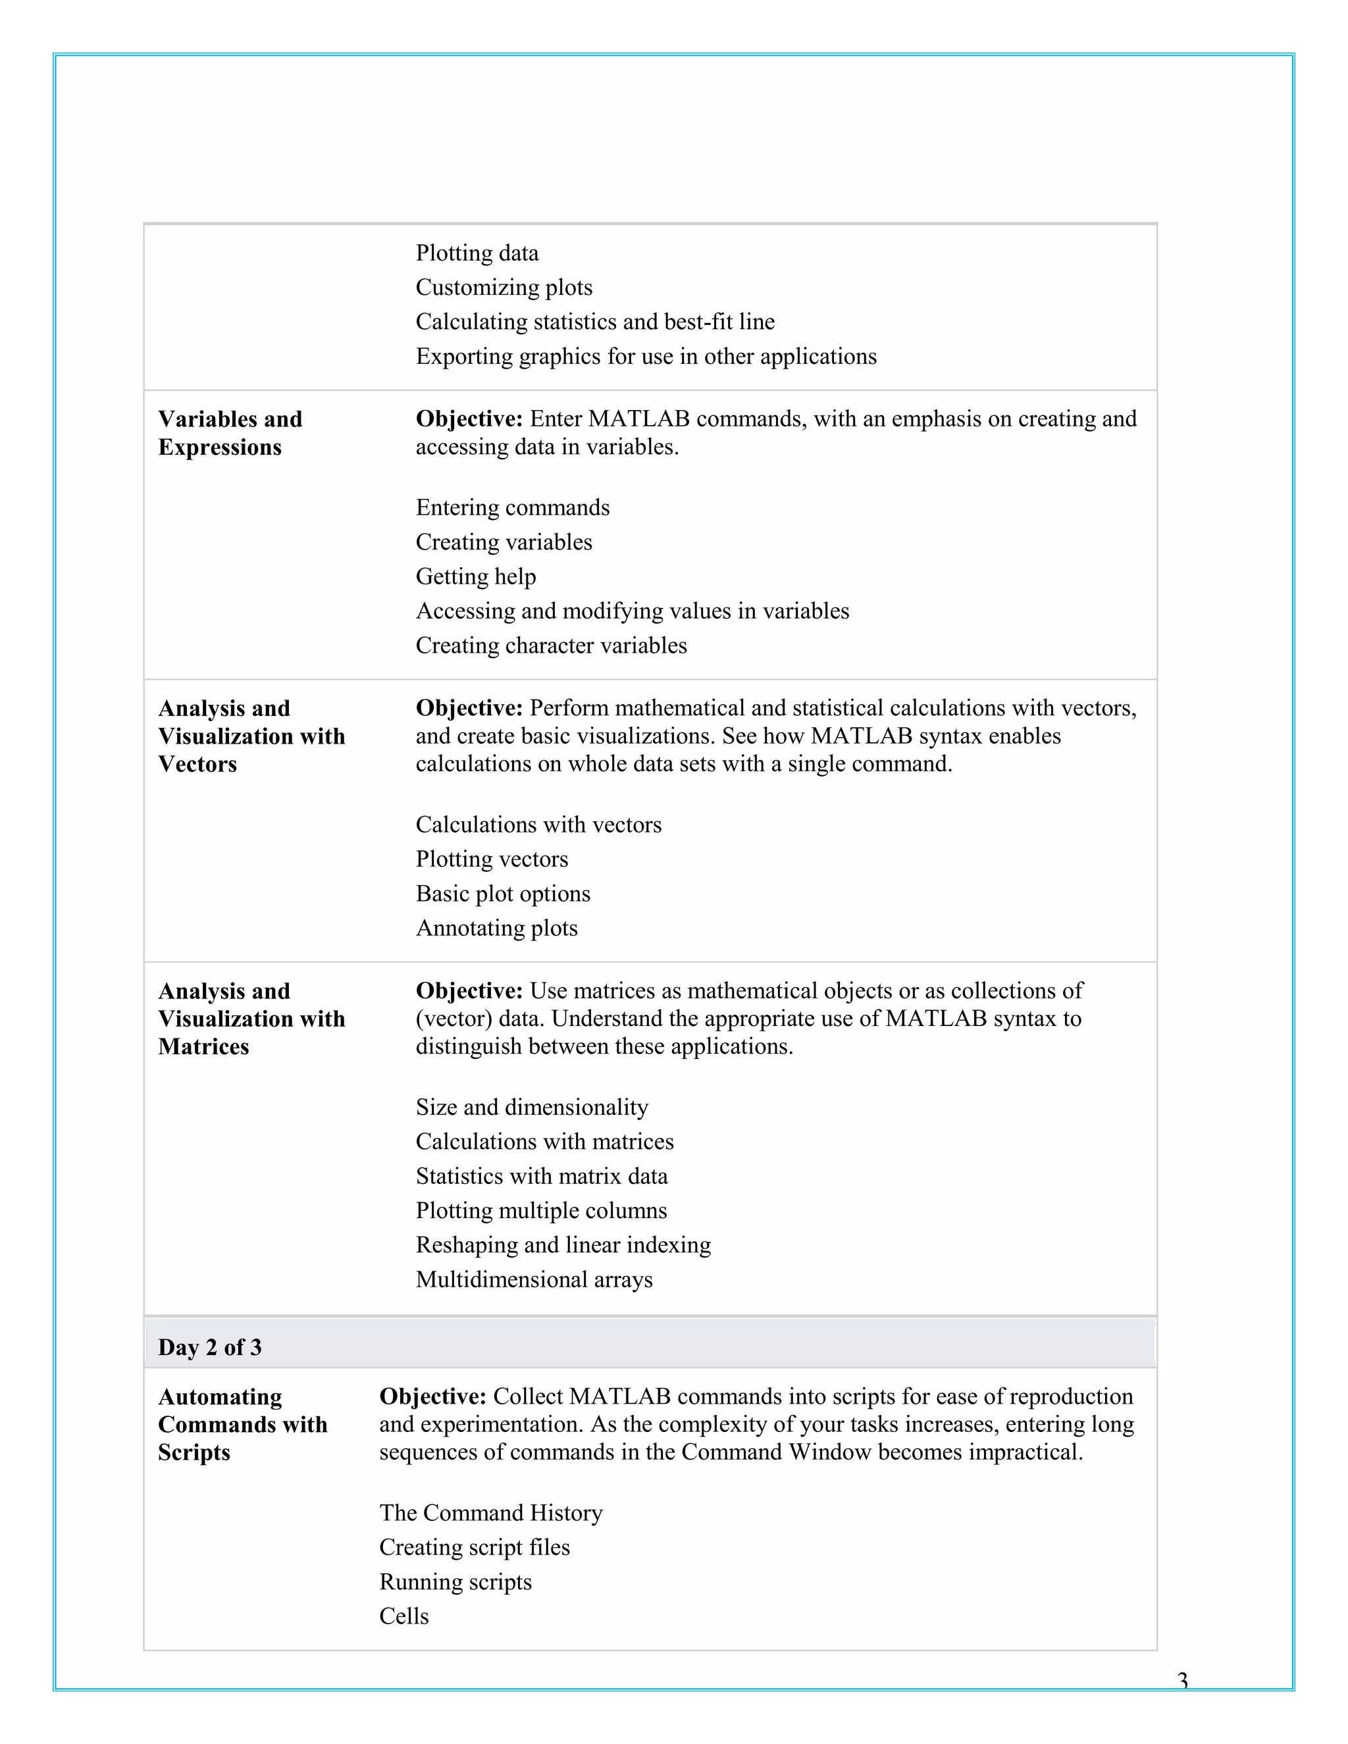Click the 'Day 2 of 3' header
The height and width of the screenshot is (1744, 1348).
(209, 1347)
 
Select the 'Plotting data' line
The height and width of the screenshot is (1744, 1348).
(477, 253)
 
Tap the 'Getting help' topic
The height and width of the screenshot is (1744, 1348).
(475, 577)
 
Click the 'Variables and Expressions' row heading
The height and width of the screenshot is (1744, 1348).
(230, 433)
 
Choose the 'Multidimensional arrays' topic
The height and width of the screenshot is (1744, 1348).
(533, 1279)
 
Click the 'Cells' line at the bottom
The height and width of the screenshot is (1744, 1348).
(403, 1616)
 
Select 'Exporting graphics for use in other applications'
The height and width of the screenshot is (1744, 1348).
(645, 356)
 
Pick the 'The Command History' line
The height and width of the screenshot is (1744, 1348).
(490, 1512)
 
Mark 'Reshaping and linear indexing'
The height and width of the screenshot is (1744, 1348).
(563, 1245)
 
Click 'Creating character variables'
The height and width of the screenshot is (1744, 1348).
(551, 645)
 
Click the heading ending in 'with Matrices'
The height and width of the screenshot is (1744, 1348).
(251, 1018)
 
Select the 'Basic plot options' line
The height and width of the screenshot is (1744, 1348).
(502, 894)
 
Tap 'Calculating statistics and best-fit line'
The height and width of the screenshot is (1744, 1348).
(595, 322)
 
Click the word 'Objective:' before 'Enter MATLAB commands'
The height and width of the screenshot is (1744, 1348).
(469, 419)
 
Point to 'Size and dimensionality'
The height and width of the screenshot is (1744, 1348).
(532, 1107)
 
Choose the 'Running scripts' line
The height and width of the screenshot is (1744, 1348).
(455, 1582)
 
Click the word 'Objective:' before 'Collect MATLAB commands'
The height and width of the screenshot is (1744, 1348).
(432, 1396)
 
